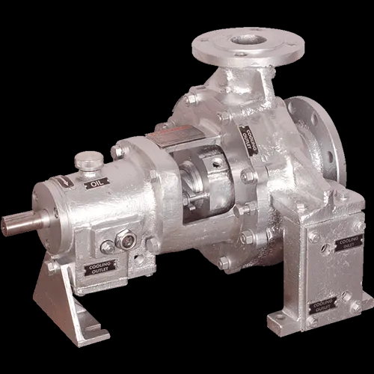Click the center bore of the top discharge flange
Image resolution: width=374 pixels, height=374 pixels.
248,40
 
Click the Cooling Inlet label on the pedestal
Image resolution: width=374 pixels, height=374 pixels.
346,243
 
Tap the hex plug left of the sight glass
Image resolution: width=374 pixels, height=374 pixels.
108,245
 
